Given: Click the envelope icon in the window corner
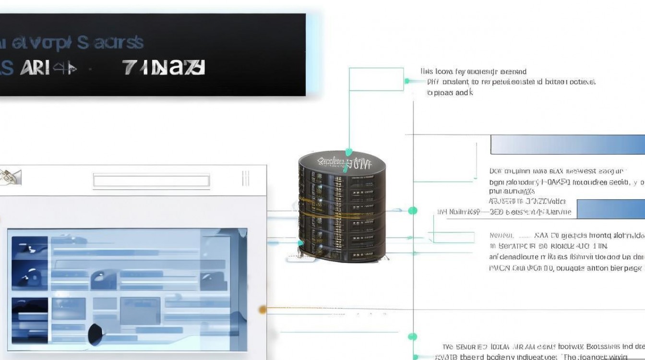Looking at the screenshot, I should point(10,177).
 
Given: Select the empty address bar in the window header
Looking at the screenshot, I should point(151,180).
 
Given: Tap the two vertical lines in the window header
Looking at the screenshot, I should point(246,178).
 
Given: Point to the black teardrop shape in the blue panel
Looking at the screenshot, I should point(96,332).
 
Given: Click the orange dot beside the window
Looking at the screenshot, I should point(262,310).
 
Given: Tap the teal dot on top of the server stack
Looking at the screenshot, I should point(349,152).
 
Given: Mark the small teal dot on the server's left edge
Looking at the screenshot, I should point(301,243).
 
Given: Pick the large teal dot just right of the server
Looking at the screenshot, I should point(412,210).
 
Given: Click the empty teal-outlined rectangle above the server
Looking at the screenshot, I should point(376,79).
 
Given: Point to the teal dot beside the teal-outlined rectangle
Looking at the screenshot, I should point(407,82).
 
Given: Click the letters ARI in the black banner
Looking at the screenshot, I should point(35,68).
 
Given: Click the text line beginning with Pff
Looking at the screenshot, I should point(511,82).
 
